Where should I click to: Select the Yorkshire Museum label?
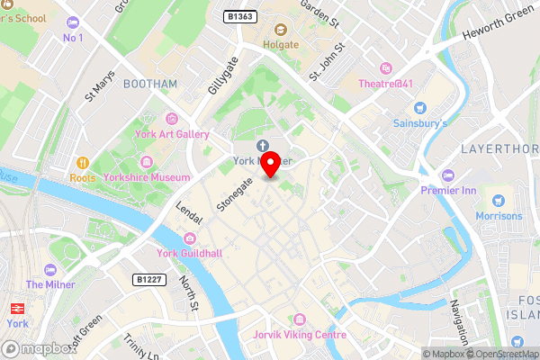pyautogui.click(x=158, y=177)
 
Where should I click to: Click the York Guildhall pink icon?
pyautogui.click(x=190, y=238)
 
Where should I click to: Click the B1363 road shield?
pyautogui.click(x=240, y=16)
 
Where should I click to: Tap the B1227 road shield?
pyautogui.click(x=148, y=280)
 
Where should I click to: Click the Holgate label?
pyautogui.click(x=280, y=43)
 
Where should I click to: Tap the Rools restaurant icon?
pyautogui.click(x=82, y=163)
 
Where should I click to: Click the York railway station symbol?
pyautogui.click(x=14, y=307)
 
